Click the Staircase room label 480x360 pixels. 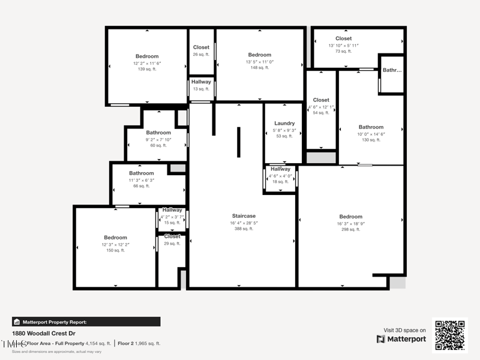point(244,216)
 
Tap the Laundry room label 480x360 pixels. point(284,124)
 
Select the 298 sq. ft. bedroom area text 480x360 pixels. point(350,230)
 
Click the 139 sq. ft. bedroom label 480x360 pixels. point(146,56)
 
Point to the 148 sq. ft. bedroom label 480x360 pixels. point(259,55)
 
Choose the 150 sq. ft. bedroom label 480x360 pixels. point(115,238)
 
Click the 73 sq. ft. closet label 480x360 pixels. point(343,39)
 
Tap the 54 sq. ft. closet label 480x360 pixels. point(321,100)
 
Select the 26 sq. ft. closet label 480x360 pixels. point(201,47)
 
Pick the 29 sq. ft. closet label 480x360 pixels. point(172,236)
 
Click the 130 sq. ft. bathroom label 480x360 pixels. point(371,127)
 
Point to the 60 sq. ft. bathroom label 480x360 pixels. point(158,133)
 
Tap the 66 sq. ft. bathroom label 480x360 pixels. point(142,173)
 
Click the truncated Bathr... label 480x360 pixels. point(392,70)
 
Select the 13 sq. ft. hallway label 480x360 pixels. point(201,82)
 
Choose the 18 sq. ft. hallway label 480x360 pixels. point(280,169)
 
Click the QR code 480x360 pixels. point(450,334)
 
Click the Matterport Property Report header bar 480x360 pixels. point(86,322)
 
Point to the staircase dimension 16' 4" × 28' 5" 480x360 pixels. point(244,223)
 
